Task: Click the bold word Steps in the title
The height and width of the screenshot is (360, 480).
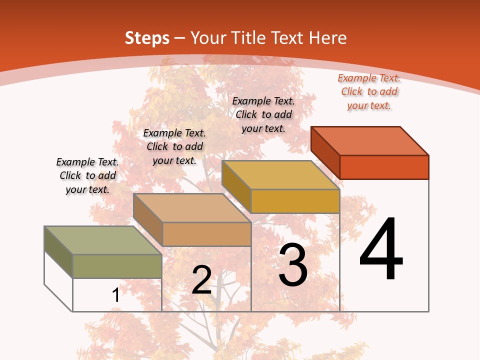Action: (147, 38)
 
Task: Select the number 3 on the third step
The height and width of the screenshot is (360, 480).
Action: (293, 265)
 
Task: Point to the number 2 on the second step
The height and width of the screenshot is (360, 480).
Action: (202, 280)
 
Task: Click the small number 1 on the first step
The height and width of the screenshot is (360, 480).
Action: (115, 295)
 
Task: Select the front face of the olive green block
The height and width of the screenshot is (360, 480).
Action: (117, 266)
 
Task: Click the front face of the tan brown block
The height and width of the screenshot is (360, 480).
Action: (206, 234)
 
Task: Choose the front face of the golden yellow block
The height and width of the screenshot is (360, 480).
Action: (295, 201)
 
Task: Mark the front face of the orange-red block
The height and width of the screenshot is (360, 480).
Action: (384, 167)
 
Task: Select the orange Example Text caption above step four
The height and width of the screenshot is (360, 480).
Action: (369, 91)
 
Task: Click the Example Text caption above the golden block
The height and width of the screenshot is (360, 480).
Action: (263, 114)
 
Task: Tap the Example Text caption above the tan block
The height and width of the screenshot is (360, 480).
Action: (174, 146)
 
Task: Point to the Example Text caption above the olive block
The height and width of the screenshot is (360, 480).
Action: (87, 175)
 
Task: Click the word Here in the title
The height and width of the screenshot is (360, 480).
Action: (328, 38)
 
